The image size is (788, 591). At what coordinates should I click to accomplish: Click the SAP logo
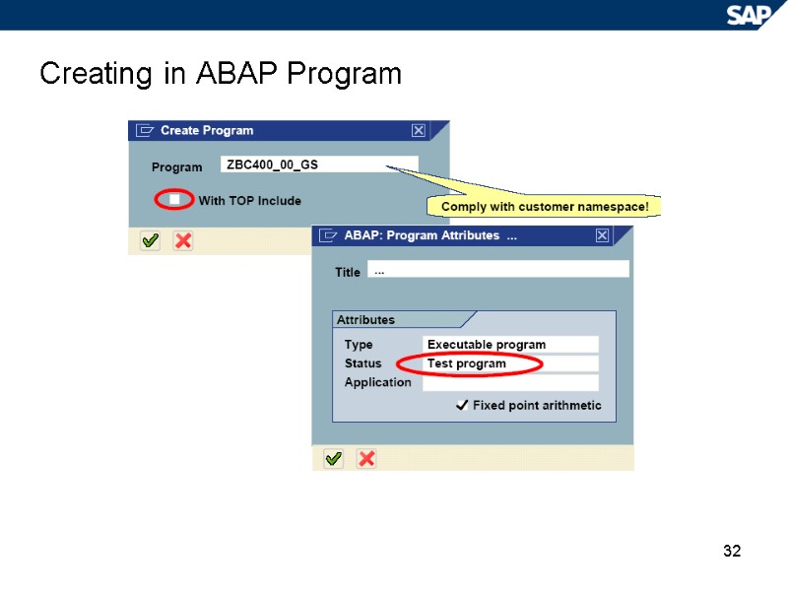(750, 14)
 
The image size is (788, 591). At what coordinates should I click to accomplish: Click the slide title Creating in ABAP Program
(221, 74)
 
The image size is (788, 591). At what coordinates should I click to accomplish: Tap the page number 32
(731, 551)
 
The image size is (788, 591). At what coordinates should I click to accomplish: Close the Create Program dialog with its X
(419, 130)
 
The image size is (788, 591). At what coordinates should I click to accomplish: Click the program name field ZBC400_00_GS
(321, 164)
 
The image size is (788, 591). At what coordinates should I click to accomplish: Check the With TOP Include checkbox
(174, 200)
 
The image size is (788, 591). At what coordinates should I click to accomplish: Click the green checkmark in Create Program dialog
(150, 240)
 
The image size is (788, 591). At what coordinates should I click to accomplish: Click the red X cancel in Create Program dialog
(182, 240)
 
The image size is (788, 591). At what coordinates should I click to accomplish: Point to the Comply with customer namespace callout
(544, 206)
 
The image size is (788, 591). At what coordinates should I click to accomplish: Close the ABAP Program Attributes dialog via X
(602, 236)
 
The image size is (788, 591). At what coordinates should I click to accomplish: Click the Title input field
(497, 269)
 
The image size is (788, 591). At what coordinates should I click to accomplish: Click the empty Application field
(510, 383)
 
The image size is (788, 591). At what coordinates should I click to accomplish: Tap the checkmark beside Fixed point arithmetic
(461, 406)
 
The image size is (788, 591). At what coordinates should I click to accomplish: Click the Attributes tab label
(366, 320)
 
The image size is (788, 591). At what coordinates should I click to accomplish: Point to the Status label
(362, 363)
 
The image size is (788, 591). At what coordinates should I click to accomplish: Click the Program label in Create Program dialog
(176, 167)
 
